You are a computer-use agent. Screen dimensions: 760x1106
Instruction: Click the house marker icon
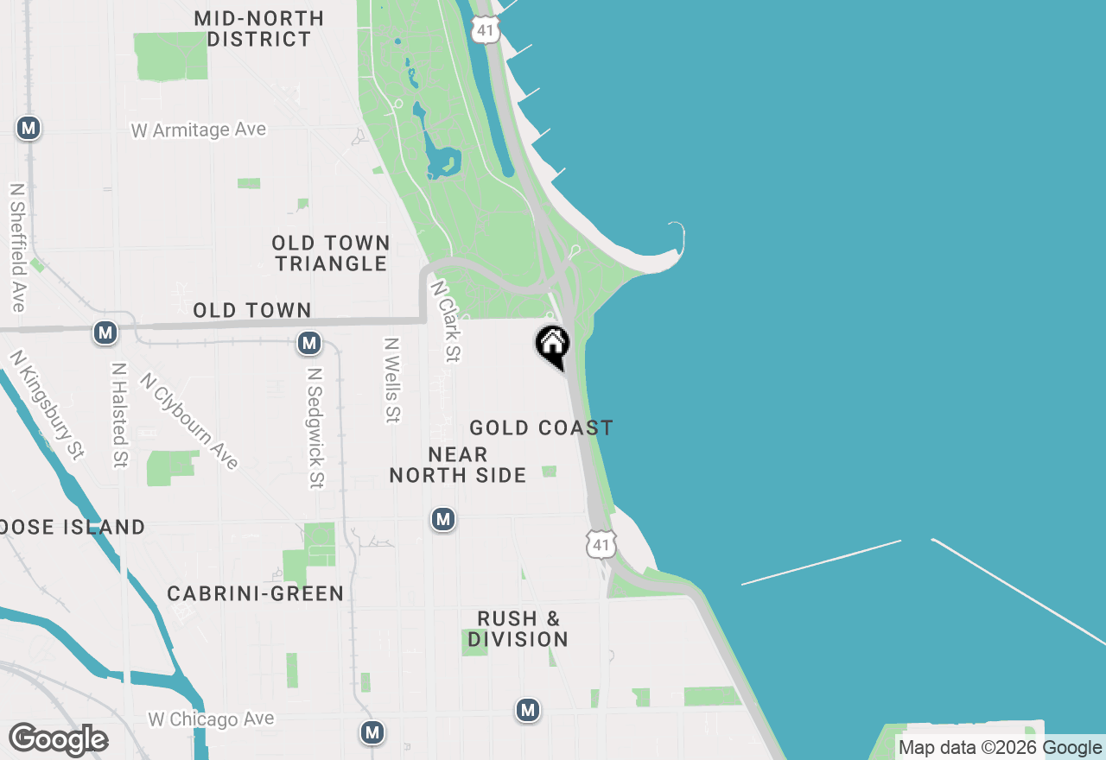pyautogui.click(x=553, y=345)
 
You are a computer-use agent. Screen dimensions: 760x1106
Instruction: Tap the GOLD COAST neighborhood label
pyautogui.click(x=541, y=427)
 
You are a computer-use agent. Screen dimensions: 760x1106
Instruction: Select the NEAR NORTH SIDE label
pyautogui.click(x=458, y=465)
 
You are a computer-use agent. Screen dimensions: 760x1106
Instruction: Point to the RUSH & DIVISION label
pyautogui.click(x=518, y=629)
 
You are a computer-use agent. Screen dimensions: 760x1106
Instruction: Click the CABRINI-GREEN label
pyautogui.click(x=256, y=593)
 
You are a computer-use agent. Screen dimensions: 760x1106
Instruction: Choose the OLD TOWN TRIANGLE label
pyautogui.click(x=332, y=253)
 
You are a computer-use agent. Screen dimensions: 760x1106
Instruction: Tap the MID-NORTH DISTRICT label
pyautogui.click(x=259, y=28)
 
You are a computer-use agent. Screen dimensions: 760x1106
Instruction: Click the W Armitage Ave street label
pyautogui.click(x=199, y=130)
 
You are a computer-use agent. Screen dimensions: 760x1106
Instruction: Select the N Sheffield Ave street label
pyautogui.click(x=17, y=247)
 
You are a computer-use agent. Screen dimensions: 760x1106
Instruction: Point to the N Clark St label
pyautogui.click(x=446, y=320)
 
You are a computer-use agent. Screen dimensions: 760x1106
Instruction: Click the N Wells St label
pyautogui.click(x=392, y=380)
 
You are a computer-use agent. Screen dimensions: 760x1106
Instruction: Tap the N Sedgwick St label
pyautogui.click(x=315, y=428)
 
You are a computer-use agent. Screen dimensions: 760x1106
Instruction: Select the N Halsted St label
pyautogui.click(x=119, y=415)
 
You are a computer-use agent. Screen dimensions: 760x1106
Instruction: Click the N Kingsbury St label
pyautogui.click(x=48, y=403)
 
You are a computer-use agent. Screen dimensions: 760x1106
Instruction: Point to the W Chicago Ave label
pyautogui.click(x=211, y=719)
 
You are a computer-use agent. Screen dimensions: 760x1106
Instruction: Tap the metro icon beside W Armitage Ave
pyautogui.click(x=29, y=129)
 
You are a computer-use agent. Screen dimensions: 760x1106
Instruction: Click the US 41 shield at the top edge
pyautogui.click(x=486, y=28)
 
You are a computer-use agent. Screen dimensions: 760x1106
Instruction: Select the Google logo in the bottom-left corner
pyautogui.click(x=58, y=740)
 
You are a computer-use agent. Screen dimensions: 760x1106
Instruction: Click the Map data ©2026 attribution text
pyautogui.click(x=968, y=748)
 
